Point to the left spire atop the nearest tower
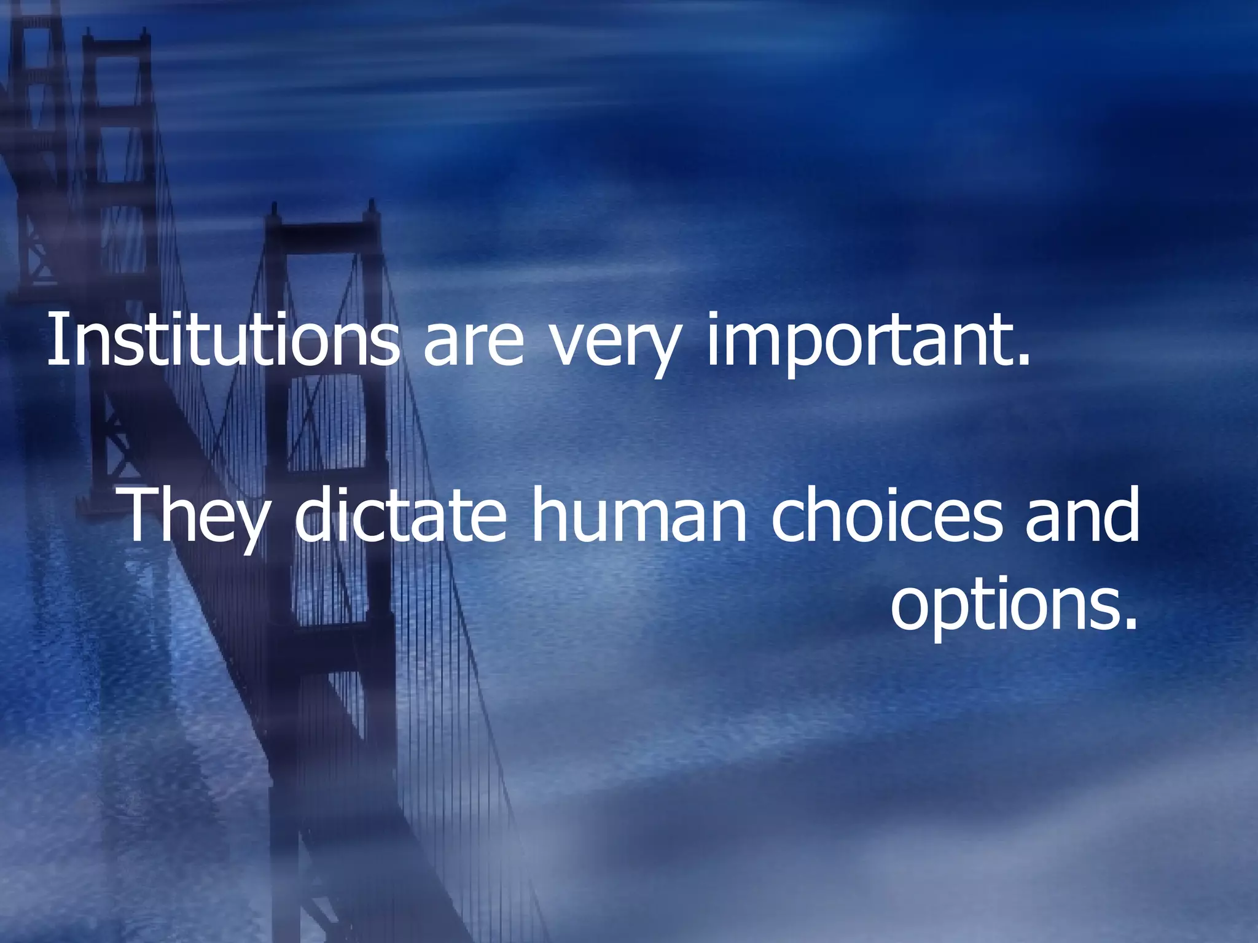[273, 212]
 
